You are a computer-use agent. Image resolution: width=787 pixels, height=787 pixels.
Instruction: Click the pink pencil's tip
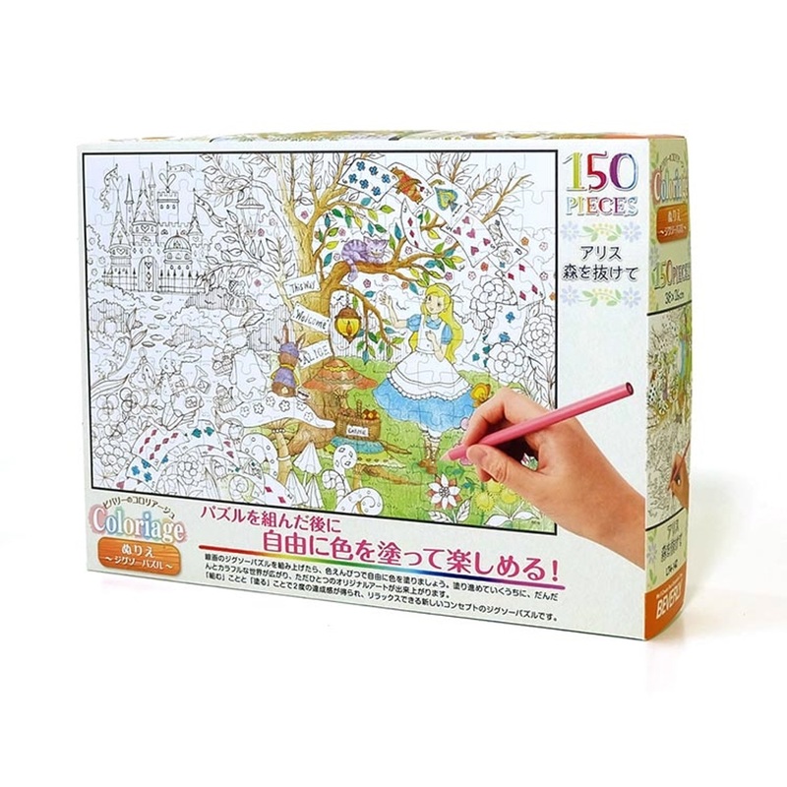[453, 454]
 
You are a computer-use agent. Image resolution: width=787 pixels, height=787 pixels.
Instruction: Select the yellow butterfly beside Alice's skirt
[481, 393]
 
